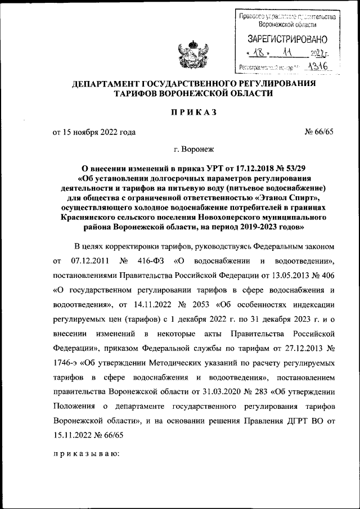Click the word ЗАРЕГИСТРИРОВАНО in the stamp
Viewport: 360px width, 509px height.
tap(287, 39)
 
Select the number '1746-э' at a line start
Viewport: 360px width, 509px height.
tap(66, 358)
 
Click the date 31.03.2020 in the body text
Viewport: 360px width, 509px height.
tap(219, 388)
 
